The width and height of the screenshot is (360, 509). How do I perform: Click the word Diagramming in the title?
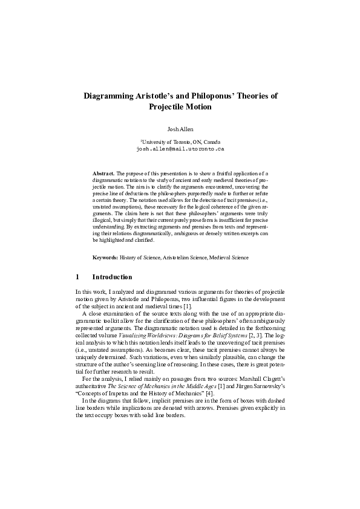coord(111,96)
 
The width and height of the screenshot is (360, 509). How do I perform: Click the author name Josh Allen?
coord(180,129)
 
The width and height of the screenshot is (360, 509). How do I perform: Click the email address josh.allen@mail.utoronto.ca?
coord(180,148)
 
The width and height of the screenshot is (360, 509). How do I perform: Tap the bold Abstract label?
coord(103,173)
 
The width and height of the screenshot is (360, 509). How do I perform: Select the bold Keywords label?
coord(105,258)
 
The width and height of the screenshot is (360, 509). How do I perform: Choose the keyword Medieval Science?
coord(231,258)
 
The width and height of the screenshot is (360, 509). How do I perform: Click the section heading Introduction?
coord(112,277)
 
